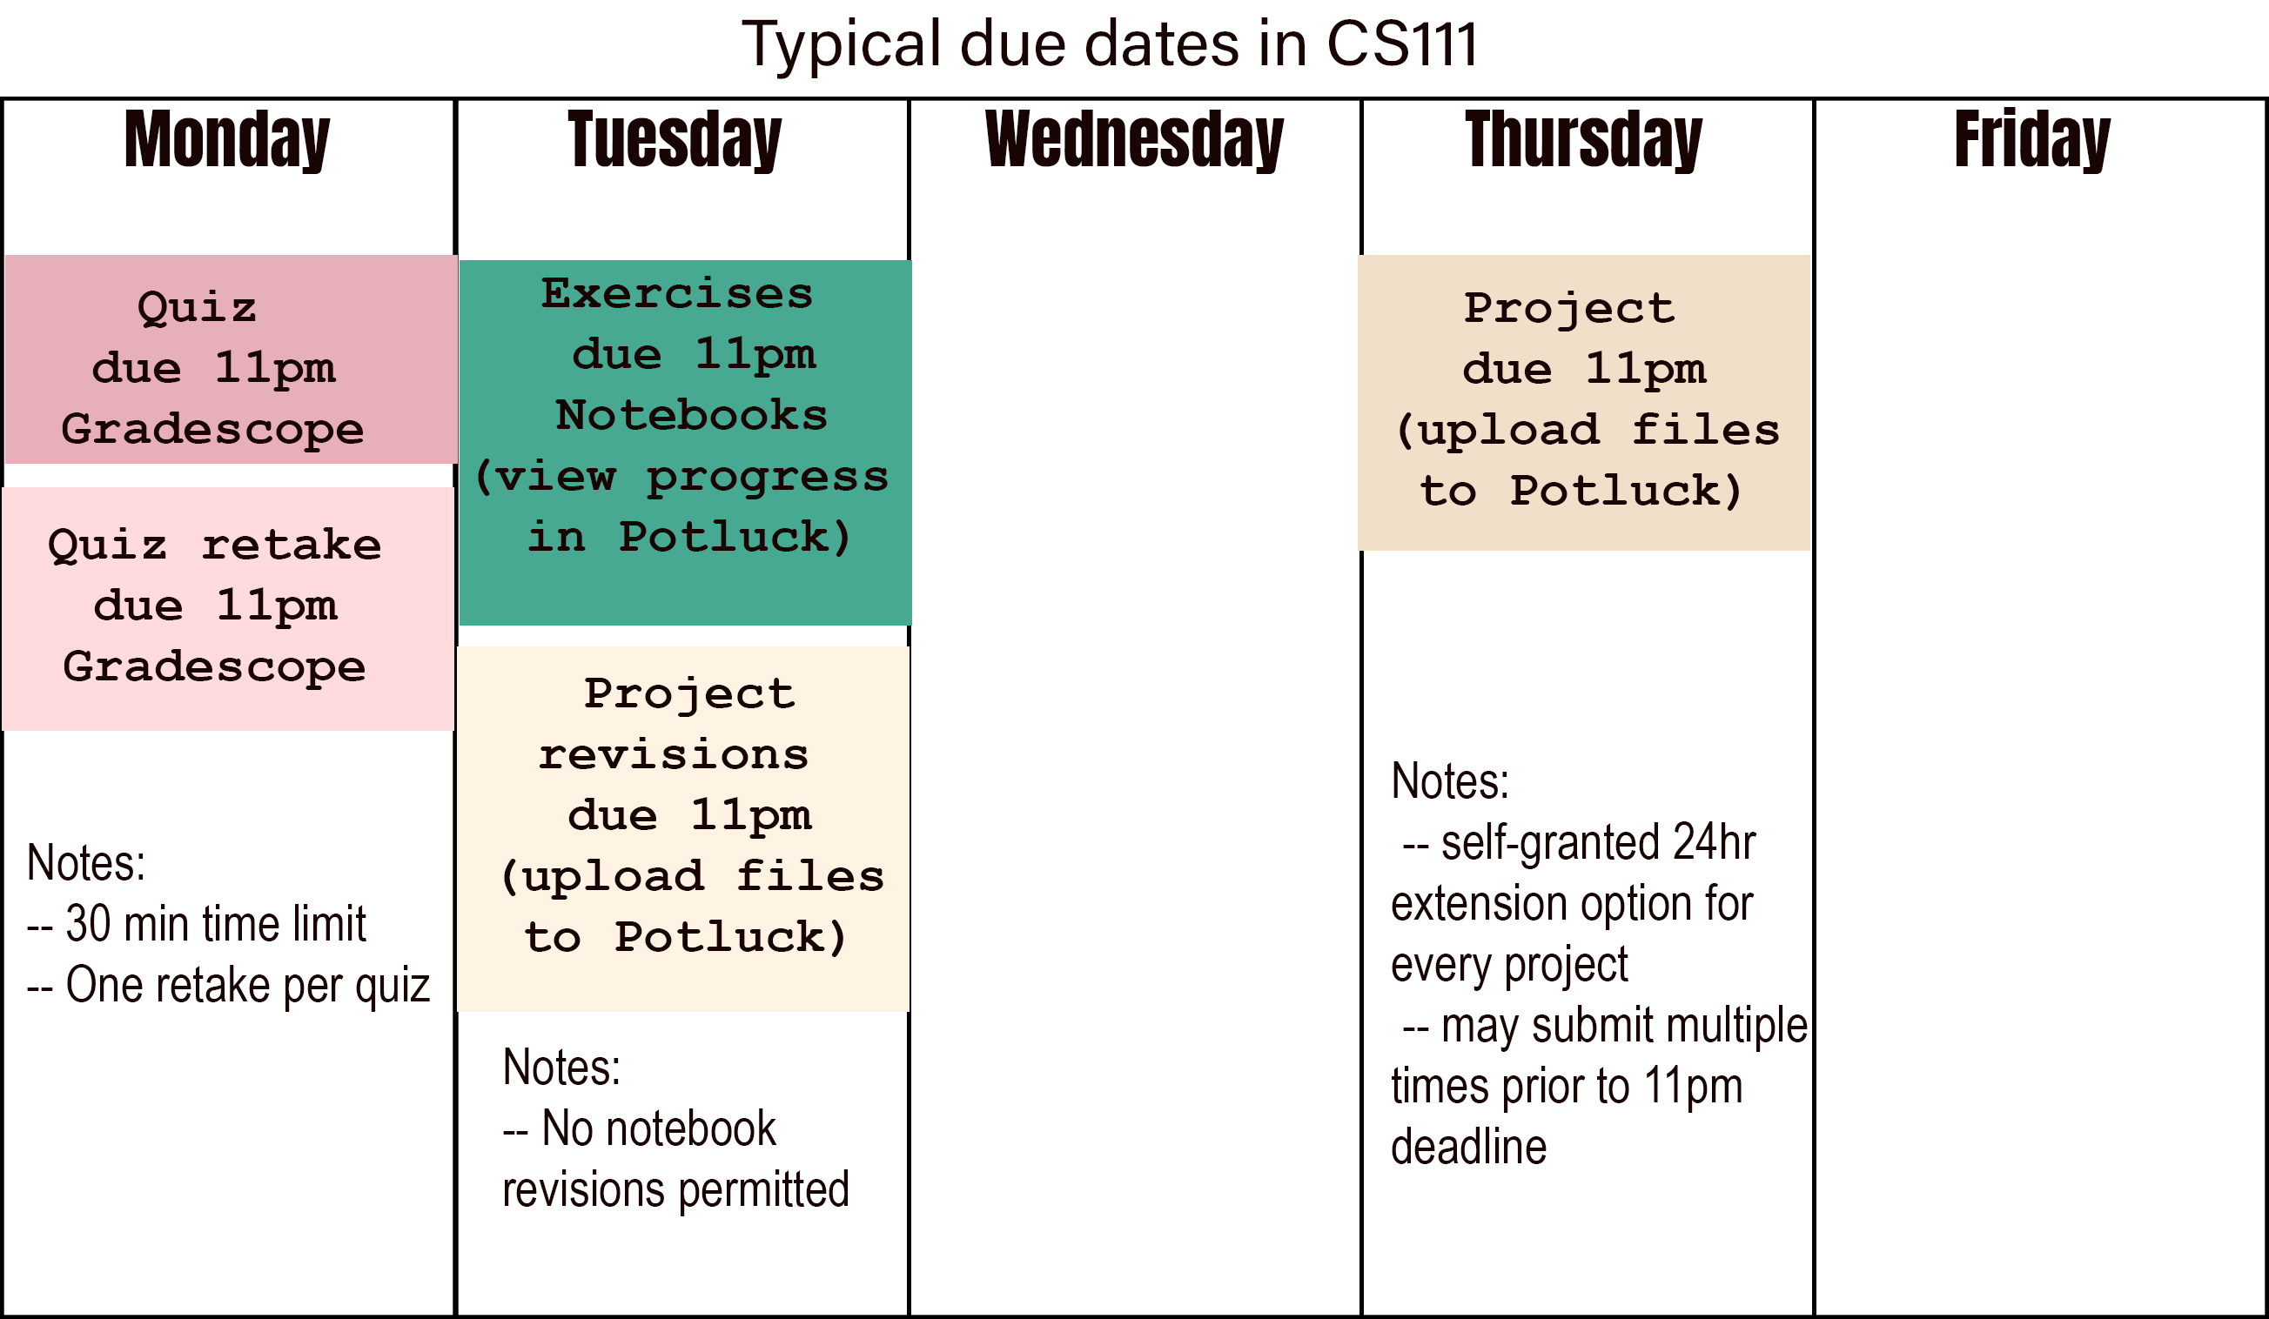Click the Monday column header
pyautogui.click(x=227, y=140)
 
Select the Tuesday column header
pyautogui.click(x=675, y=140)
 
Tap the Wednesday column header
pyautogui.click(x=1133, y=140)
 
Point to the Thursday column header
pyautogui.click(x=1584, y=140)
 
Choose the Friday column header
pyautogui.click(x=2032, y=140)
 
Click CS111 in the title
pyautogui.click(x=1402, y=44)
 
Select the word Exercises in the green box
pyautogui.click(x=677, y=294)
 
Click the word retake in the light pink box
pyautogui.click(x=291, y=546)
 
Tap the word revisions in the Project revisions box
pyautogui.click(x=674, y=755)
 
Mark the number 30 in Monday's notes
pyautogui.click(x=88, y=924)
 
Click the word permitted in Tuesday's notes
pyautogui.click(x=763, y=1191)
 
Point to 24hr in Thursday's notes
pyautogui.click(x=1714, y=843)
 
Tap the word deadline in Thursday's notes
pyautogui.click(x=1468, y=1146)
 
